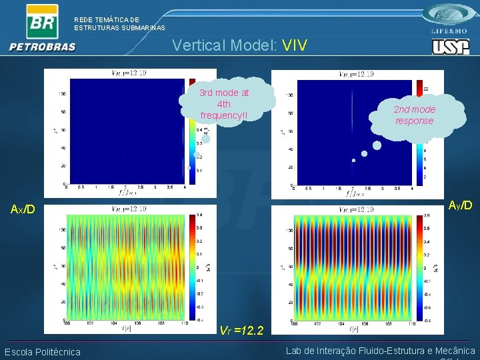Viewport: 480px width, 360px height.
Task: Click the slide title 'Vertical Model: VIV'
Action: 239,45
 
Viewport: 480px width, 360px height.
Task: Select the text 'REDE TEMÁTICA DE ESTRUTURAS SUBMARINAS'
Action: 119,24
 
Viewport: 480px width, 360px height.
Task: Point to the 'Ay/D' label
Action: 460,205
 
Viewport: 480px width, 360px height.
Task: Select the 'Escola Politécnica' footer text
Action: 43,352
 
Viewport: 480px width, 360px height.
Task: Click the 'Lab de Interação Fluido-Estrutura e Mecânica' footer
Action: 380,351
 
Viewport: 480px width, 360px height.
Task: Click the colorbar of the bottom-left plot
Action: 192,267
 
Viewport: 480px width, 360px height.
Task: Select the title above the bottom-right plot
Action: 356,209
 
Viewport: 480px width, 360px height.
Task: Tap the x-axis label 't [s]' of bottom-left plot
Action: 126,328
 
